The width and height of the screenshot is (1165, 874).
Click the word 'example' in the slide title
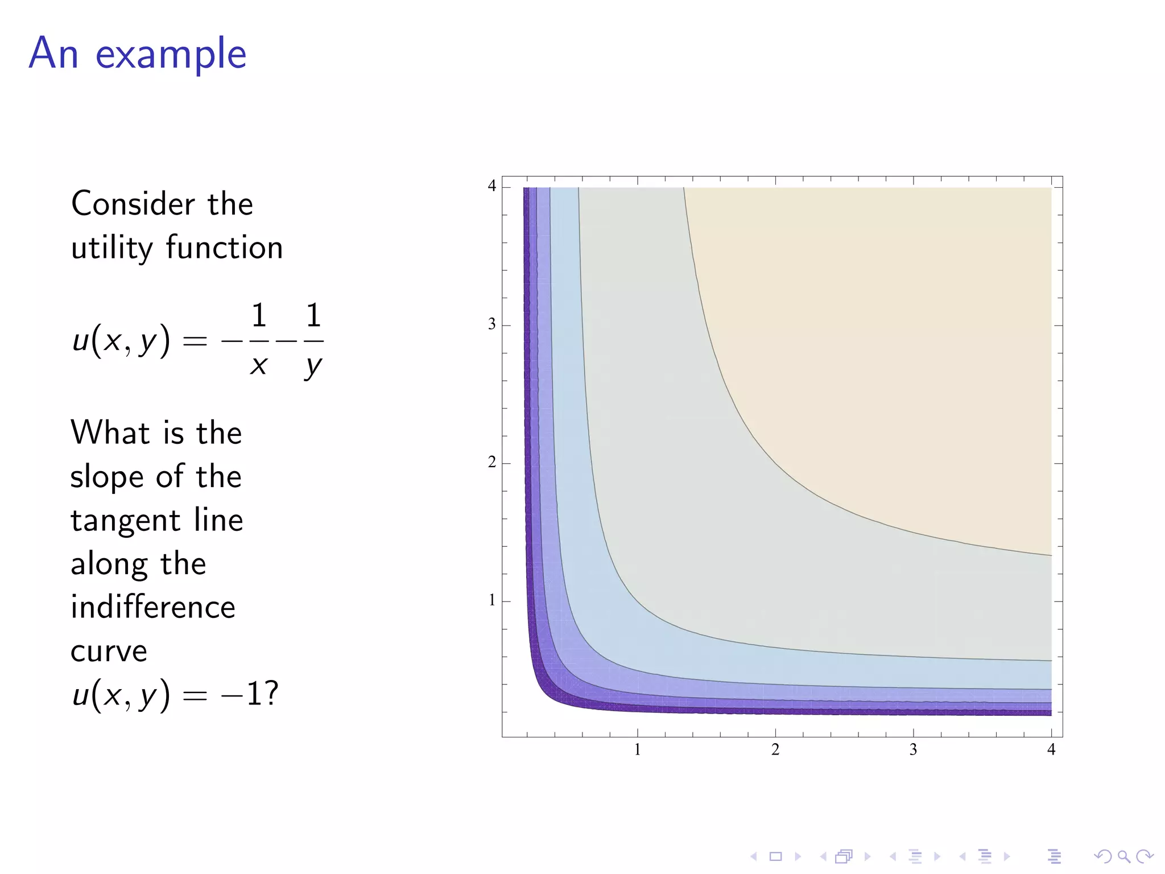(171, 54)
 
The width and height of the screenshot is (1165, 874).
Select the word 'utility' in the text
(112, 248)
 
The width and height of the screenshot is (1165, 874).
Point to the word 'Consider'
(130, 204)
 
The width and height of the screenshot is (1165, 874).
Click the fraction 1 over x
(259, 340)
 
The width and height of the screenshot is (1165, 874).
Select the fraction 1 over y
(313, 340)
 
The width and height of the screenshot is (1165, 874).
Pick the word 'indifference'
(152, 607)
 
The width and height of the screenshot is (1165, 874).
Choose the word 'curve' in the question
(109, 651)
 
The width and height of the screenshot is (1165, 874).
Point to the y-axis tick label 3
(492, 324)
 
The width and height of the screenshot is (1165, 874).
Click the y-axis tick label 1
(492, 600)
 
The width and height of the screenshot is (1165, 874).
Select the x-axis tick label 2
(775, 750)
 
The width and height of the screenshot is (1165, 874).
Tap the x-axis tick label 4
(1051, 750)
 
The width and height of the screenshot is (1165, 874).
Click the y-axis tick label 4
(492, 186)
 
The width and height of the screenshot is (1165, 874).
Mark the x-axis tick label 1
(637, 750)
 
